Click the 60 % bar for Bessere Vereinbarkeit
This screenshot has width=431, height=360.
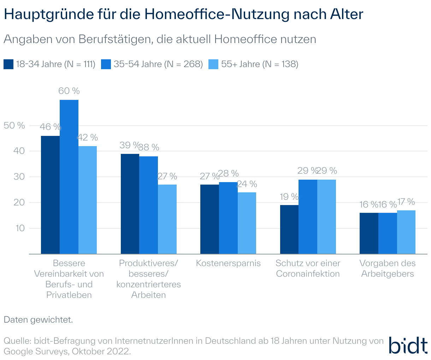69,176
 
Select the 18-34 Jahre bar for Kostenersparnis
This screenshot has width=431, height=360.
209,219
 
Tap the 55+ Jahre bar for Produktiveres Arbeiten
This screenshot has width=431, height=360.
167,219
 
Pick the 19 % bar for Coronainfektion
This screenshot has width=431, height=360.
289,229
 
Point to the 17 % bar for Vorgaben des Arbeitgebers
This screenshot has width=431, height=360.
406,232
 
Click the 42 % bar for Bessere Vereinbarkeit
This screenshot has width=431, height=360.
88,200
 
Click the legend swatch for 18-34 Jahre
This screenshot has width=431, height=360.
8,64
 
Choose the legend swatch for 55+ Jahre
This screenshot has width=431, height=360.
213,64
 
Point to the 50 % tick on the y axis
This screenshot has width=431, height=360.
14,125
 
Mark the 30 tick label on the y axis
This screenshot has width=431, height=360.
19,177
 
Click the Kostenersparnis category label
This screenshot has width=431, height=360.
228,263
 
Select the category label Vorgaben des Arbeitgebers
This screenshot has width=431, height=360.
388,269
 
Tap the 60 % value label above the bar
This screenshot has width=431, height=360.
69,91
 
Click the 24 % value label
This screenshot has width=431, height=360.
247,184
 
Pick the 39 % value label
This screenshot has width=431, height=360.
129,145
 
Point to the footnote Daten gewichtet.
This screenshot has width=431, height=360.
38,320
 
